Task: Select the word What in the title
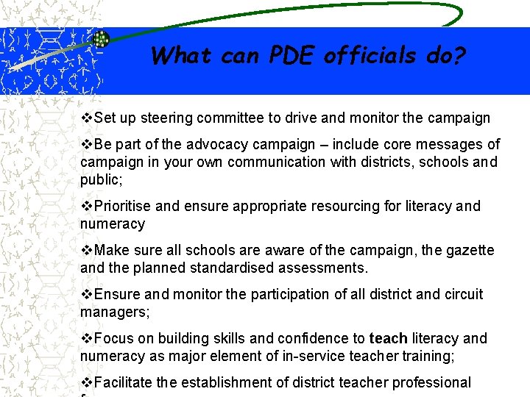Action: point(181,55)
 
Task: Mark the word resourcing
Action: point(349,206)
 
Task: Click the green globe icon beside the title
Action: point(102,39)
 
